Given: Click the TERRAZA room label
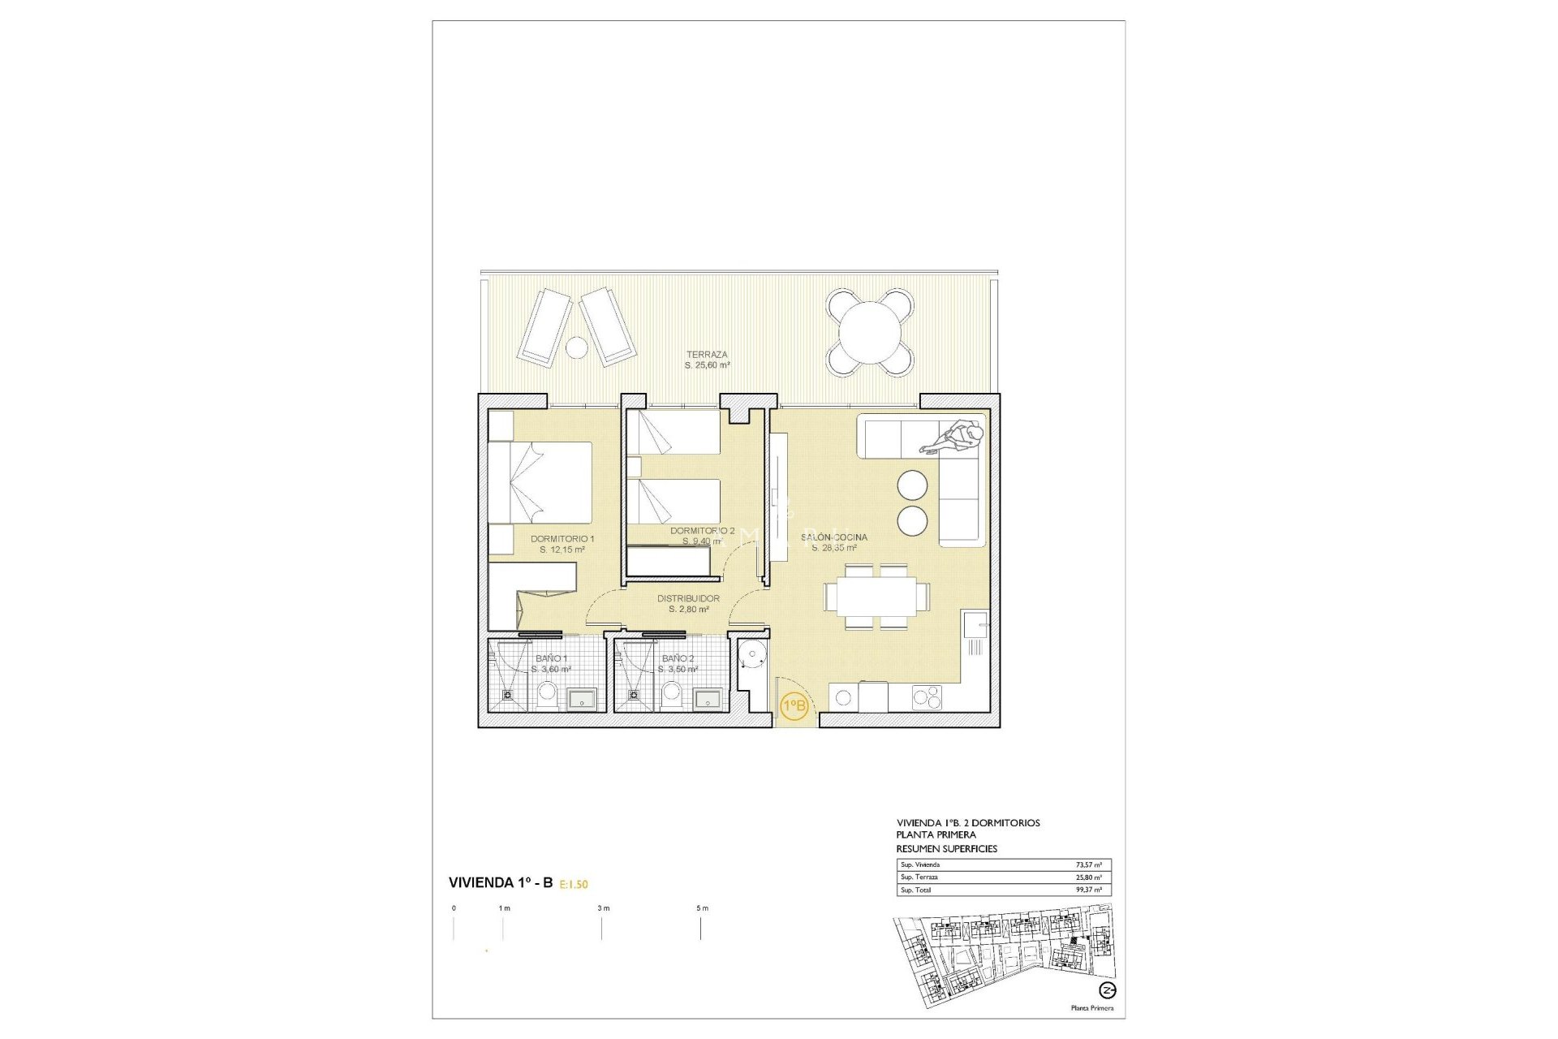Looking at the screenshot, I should (707, 355).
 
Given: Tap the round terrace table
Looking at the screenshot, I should (870, 332).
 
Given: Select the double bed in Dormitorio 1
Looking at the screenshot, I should (540, 482).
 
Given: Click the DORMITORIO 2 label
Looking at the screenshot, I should (702, 531).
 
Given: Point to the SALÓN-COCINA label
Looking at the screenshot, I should (833, 537).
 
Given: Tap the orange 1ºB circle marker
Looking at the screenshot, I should (794, 705).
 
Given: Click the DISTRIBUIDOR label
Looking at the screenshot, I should (688, 599).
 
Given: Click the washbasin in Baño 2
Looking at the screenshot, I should (708, 699).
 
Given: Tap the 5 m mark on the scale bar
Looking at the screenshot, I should (701, 908).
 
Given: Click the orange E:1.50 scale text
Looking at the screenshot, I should (574, 885).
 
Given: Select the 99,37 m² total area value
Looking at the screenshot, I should (1087, 890).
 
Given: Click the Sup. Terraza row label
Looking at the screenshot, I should (919, 877).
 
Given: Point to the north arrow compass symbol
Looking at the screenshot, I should (1107, 990).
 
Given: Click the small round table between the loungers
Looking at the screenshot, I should (576, 347).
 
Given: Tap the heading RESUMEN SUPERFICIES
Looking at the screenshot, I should (946, 848).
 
